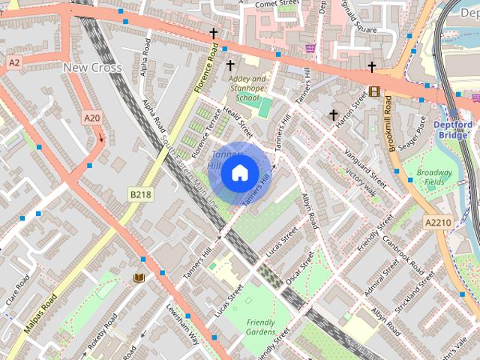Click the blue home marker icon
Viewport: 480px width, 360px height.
click(x=239, y=173)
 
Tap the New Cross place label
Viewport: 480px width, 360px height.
click(x=92, y=67)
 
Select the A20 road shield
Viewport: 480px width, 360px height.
click(x=91, y=118)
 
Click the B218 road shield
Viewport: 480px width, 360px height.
click(x=140, y=194)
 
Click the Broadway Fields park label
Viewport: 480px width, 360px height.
click(x=434, y=177)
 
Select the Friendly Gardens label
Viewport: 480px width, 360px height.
click(x=260, y=327)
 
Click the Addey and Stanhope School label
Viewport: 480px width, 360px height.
click(x=247, y=88)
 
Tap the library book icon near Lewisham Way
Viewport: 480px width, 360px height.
click(x=138, y=278)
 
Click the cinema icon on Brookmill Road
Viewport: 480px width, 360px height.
click(x=374, y=92)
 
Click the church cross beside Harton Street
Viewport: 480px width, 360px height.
click(x=334, y=115)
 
